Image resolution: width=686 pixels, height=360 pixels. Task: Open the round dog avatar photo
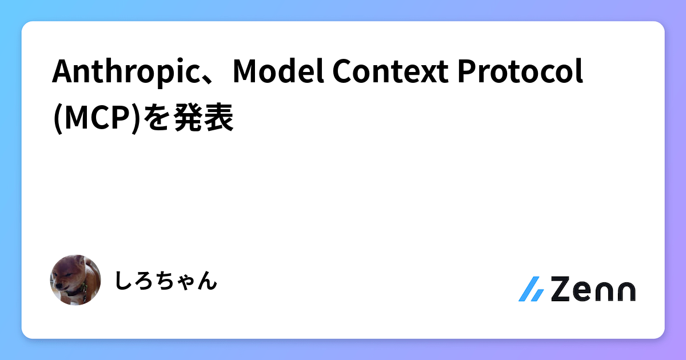point(76,280)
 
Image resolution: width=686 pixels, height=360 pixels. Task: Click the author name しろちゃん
point(166,281)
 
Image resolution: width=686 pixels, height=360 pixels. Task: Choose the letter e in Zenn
point(586,291)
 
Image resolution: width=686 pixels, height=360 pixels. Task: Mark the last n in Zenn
point(625,291)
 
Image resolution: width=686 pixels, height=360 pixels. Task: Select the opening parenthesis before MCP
point(55,119)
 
